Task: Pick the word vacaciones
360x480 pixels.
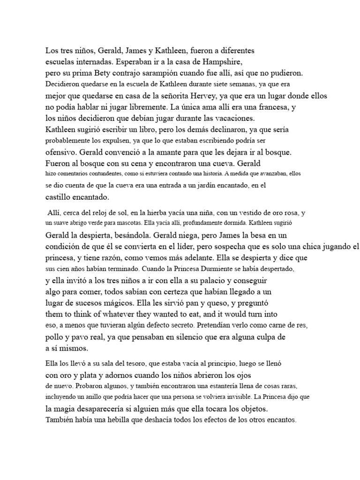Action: click(219, 118)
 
